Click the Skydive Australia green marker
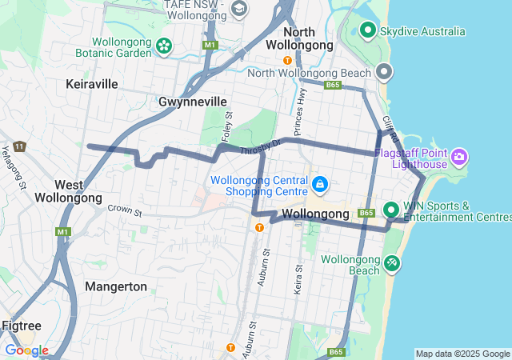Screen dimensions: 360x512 click(368, 30)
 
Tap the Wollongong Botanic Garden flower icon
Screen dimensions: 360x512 click(165, 46)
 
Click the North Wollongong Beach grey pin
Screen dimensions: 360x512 click(384, 73)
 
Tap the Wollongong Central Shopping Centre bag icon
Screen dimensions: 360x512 click(320, 185)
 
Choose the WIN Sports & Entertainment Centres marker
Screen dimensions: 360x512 click(391, 210)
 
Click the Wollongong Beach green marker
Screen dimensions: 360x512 click(391, 262)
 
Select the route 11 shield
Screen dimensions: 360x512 click(18, 146)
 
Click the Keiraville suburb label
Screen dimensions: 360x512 click(92, 84)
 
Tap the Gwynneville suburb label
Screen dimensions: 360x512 click(193, 102)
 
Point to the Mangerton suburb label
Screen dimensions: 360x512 click(116, 286)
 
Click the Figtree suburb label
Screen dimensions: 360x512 click(22, 326)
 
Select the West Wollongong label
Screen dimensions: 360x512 click(68, 191)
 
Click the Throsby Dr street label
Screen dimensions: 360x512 click(261, 146)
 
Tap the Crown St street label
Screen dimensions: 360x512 click(125, 211)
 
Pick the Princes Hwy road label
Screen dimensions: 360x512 click(302, 105)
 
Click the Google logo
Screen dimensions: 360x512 click(26, 350)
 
